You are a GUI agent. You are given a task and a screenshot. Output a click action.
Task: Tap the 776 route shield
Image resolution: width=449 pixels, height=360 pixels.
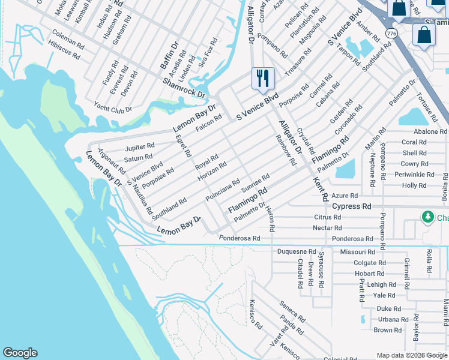392,32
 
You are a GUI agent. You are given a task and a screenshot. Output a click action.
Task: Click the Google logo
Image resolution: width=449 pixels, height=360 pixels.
20,353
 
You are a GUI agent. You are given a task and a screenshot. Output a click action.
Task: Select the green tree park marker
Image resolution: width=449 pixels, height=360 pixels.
427,217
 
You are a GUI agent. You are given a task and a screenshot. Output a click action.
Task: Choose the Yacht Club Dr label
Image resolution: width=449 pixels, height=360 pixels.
112,107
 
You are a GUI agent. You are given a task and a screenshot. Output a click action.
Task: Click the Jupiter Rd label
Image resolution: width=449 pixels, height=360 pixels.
139,146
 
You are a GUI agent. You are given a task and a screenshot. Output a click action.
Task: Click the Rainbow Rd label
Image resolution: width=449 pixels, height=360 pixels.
286,149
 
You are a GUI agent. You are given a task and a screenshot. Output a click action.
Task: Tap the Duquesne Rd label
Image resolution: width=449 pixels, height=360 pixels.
296,252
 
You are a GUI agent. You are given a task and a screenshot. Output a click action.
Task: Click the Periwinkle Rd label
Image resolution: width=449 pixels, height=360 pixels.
422,174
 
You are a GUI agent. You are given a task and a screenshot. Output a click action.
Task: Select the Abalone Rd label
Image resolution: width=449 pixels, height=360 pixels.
430,131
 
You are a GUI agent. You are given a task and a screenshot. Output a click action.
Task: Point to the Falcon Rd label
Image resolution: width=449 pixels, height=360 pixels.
209,125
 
